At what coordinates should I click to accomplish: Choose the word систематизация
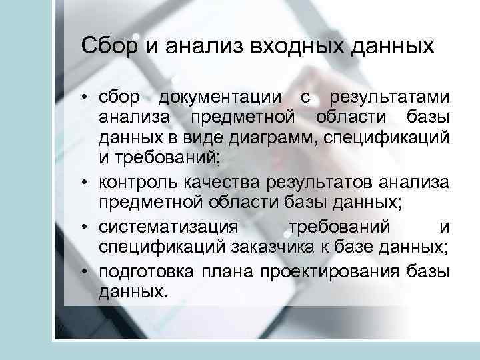(x=168, y=227)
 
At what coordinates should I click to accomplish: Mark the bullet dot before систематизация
(x=87, y=227)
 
